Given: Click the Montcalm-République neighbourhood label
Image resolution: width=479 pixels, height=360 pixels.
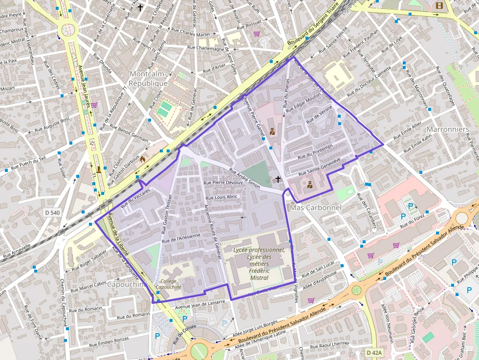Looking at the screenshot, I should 148,78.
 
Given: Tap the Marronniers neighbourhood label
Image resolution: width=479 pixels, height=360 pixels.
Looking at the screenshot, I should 448,129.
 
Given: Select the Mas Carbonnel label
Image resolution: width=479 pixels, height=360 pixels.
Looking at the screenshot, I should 315,208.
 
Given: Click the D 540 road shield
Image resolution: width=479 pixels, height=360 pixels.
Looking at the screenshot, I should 52,212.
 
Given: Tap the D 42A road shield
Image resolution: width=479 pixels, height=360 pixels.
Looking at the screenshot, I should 374,352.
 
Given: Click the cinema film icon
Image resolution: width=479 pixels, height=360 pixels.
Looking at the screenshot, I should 439,6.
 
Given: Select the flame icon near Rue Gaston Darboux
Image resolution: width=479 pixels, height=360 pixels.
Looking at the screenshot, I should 143,159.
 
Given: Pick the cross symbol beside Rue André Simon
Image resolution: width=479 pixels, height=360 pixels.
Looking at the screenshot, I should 278,179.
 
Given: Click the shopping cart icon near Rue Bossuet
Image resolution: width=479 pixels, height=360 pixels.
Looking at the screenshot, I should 257,34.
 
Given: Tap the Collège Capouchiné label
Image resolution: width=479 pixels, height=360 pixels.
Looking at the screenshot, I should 168,284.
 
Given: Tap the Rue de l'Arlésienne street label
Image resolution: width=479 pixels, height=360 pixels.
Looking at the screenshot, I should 181,238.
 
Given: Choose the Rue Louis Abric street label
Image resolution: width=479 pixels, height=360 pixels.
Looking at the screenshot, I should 221,197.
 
